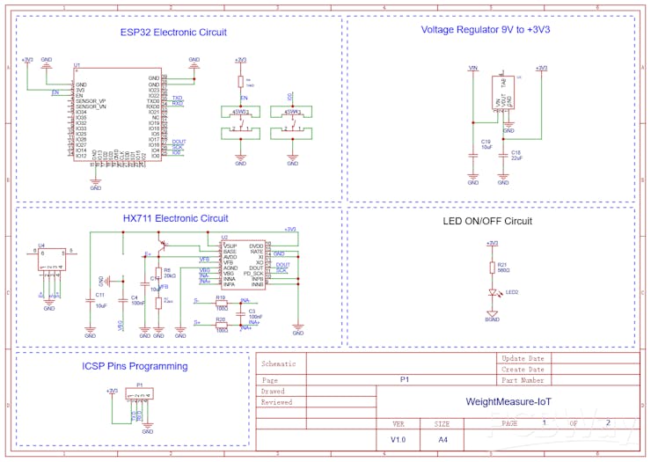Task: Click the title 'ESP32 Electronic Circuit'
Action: [173, 33]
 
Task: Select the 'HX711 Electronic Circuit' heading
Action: [175, 218]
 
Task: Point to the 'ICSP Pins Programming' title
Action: [135, 366]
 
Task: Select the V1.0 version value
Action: [399, 438]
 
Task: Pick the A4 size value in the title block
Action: [443, 438]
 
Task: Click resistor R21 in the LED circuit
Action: [492, 268]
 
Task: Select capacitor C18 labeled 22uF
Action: [502, 156]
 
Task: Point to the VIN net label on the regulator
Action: [472, 68]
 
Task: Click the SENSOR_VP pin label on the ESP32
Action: [91, 101]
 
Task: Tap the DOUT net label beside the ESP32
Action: [179, 141]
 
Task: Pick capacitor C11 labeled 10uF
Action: [90, 300]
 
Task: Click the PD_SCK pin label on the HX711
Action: [252, 274]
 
